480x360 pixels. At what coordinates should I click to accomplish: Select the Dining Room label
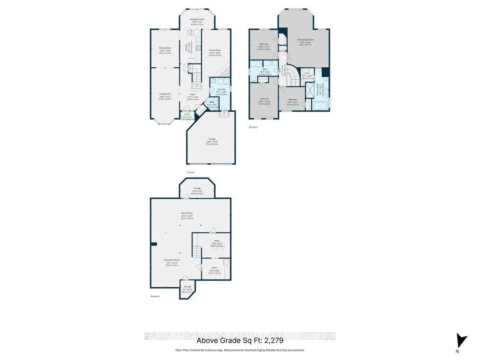pyautogui.click(x=165, y=48)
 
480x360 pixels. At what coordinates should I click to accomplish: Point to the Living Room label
pyautogui.click(x=165, y=94)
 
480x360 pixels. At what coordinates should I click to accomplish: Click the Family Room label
pyautogui.click(x=215, y=50)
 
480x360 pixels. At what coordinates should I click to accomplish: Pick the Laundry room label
pyautogui.click(x=222, y=90)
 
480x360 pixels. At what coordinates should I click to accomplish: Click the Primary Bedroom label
pyautogui.click(x=305, y=40)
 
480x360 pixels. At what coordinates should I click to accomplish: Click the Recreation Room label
pyautogui.click(x=172, y=260)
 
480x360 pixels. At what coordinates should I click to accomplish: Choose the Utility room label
pyautogui.click(x=216, y=241)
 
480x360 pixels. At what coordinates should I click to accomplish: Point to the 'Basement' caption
pyautogui.click(x=155, y=296)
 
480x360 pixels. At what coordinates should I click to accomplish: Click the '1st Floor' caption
pyautogui.click(x=190, y=172)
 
